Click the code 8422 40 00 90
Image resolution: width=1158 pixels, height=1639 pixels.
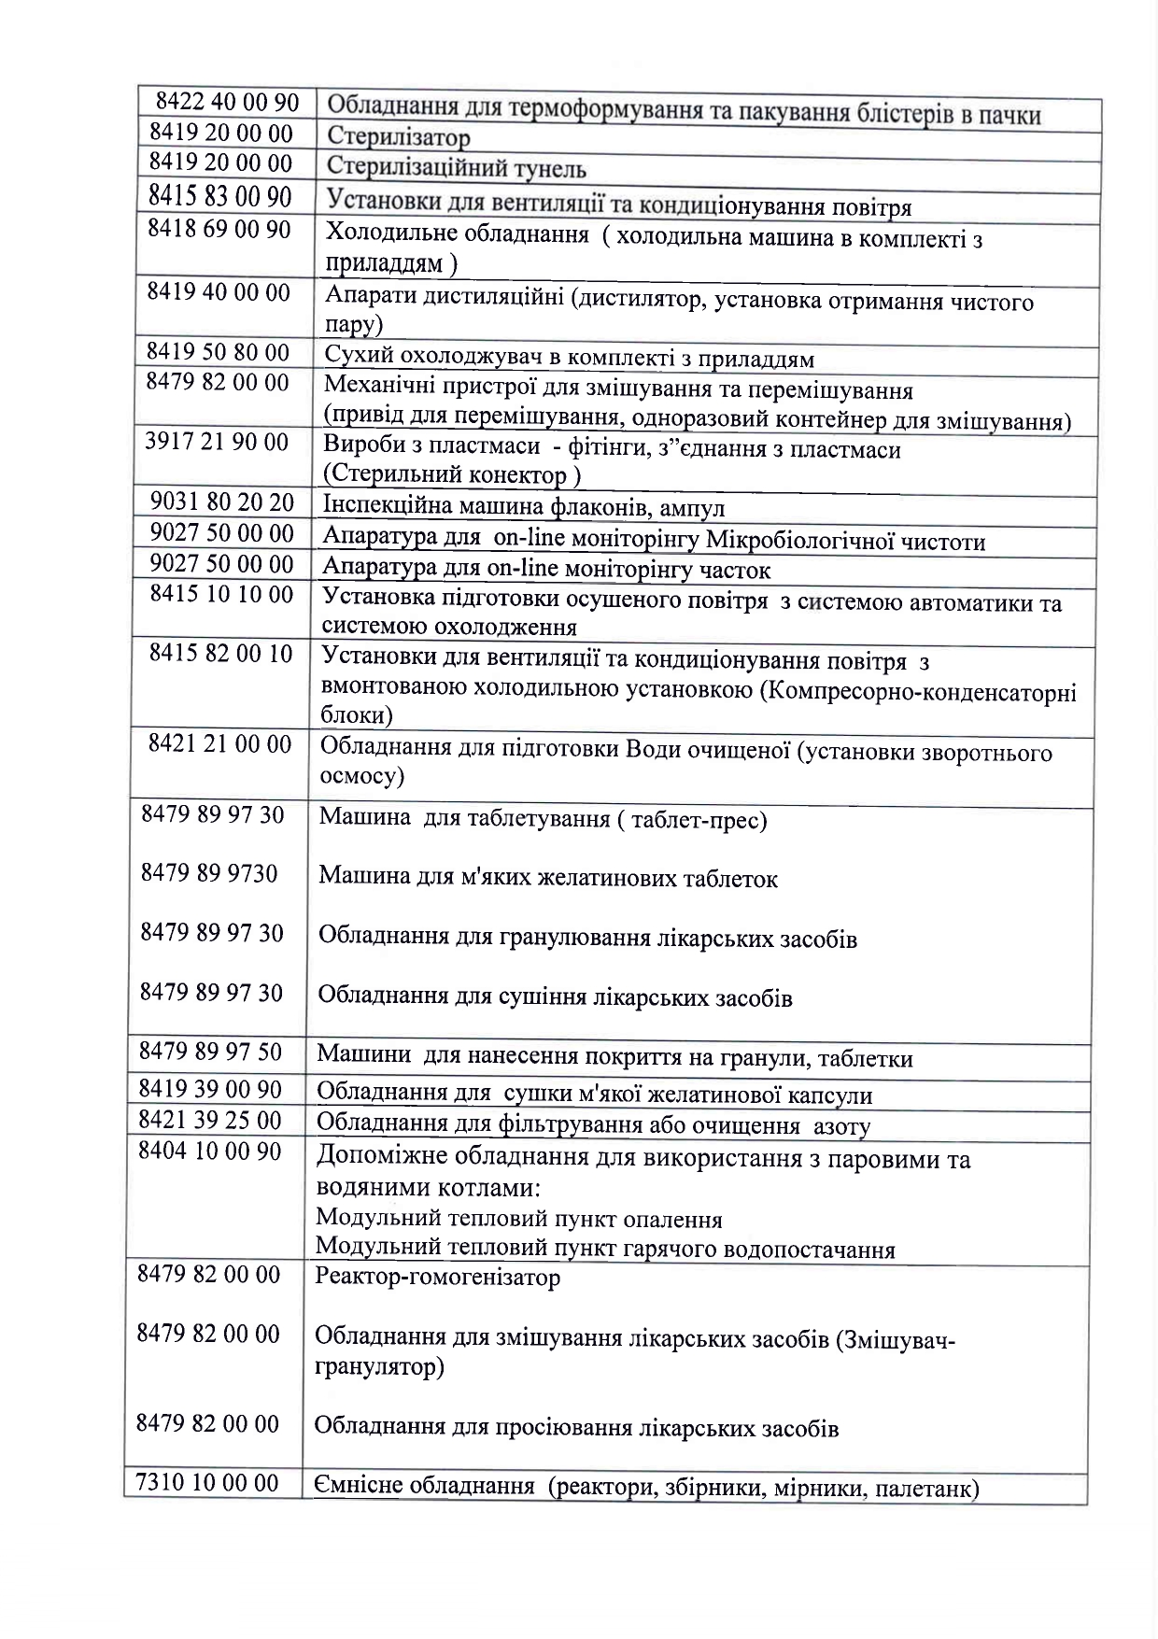pos(227,102)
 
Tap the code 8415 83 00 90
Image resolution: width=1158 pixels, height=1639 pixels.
pos(220,197)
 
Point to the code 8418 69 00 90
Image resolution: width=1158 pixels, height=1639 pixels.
pos(219,229)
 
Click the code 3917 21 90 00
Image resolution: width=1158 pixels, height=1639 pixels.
pos(217,442)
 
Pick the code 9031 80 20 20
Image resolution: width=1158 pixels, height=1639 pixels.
pos(222,502)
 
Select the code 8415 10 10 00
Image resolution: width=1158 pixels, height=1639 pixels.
pos(221,594)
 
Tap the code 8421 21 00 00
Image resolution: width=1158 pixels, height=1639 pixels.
pos(220,744)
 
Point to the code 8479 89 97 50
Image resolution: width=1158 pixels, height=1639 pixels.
pos(210,1052)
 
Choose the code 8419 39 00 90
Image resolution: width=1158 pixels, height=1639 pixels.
pos(210,1089)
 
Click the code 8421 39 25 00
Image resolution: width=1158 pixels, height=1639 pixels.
pos(209,1119)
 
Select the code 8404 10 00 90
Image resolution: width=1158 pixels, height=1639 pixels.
pos(209,1152)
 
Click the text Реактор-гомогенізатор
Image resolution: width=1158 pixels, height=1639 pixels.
pos(437,1277)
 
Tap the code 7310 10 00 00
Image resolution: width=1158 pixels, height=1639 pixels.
pos(207,1482)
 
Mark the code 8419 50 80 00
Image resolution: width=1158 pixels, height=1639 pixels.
pos(218,352)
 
